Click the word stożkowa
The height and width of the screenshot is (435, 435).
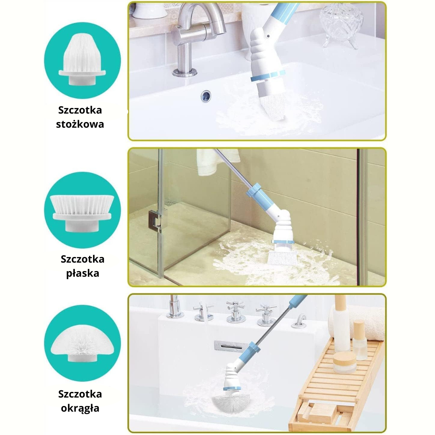point(80,124)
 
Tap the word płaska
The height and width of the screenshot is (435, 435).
point(82,273)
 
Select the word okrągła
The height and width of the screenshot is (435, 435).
point(80,408)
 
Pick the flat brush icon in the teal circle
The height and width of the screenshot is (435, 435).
point(82,211)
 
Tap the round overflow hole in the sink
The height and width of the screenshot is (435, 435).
point(206,96)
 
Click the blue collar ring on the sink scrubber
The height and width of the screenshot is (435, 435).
point(267,75)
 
